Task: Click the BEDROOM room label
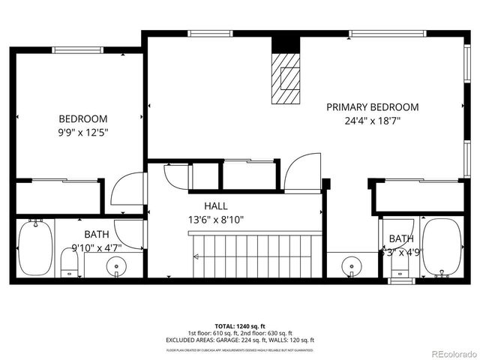83,118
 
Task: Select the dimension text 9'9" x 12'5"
83,133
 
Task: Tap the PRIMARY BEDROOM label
372,107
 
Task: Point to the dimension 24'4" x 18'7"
372,121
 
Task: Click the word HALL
216,206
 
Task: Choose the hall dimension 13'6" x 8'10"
216,220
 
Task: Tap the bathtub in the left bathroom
34,247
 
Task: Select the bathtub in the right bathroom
442,247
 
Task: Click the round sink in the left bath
116,265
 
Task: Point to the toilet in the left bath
69,262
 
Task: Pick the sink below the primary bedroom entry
352,265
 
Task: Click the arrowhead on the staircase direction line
195,256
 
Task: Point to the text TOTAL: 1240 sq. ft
239,326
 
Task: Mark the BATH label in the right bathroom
400,238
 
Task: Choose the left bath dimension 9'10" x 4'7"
96,248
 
